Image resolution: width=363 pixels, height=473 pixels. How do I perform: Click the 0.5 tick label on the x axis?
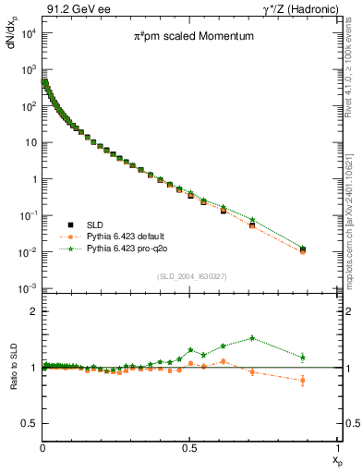coord(189,446)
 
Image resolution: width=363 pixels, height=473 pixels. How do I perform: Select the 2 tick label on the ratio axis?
coord(31,311)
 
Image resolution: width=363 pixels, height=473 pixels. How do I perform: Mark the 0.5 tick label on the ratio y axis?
coord(27,423)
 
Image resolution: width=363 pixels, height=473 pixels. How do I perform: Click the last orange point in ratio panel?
coord(303,380)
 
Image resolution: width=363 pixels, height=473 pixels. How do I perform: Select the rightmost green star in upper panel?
coord(303,248)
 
